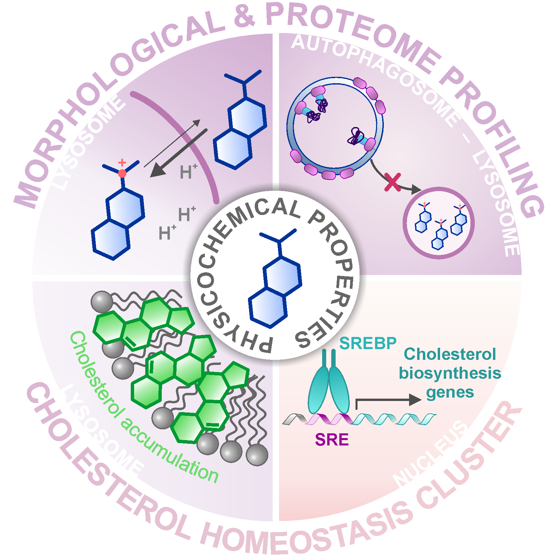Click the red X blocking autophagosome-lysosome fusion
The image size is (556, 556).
pos(393,182)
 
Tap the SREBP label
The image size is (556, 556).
pos(368,343)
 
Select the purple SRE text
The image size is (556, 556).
pos(332,439)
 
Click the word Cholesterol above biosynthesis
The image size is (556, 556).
pos(450,354)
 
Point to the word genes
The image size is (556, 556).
pos(450,393)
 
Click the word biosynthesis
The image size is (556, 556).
pos(450,373)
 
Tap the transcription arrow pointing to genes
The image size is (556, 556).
pos(388,400)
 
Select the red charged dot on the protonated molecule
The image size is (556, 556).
pos(122,173)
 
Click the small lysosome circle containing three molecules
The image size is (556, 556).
pos(438,223)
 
